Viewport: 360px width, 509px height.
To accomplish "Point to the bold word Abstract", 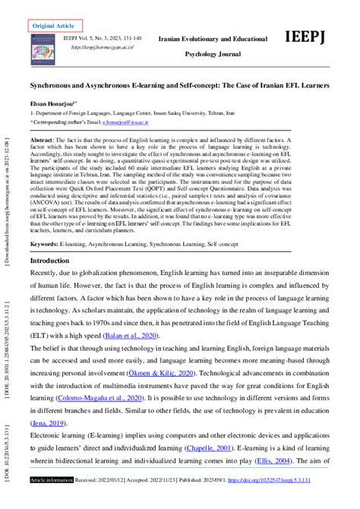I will coord(45,141).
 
